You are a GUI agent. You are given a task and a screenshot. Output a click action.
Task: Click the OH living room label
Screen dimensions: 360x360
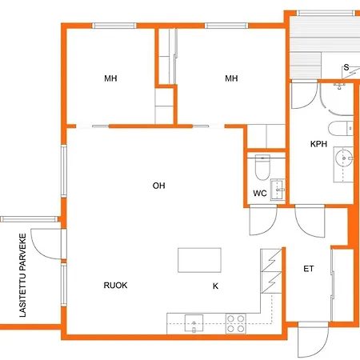coord(158,186)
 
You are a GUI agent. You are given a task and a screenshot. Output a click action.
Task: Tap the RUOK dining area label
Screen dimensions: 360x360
coord(115,286)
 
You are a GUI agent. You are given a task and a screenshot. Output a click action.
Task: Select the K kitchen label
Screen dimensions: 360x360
coord(215,286)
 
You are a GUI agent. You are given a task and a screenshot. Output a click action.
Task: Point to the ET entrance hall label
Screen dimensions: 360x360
coord(309,269)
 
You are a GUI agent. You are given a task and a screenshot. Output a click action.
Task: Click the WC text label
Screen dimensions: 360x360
coord(260,193)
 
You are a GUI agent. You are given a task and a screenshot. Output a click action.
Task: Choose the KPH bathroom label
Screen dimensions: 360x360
coord(318,144)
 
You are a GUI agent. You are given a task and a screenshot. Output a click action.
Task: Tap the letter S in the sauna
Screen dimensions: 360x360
coord(346,67)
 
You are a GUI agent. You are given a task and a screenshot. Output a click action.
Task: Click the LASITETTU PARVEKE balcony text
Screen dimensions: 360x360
coord(23,275)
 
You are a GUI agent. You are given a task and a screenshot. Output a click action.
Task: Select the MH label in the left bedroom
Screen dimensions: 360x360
coord(110,78)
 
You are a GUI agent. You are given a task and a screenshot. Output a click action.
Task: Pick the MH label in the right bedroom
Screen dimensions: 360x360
coord(231,78)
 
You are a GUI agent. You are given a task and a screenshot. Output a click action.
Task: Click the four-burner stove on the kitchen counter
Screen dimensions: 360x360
coord(236,324)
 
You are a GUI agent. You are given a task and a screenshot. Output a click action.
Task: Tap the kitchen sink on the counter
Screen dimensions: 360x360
coord(194,323)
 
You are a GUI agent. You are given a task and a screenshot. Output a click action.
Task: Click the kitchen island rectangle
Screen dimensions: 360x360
coord(199,260)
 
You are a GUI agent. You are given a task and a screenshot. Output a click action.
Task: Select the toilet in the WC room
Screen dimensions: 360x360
coord(262,167)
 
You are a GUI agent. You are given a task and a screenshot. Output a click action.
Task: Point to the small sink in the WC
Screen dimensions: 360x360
coord(278,190)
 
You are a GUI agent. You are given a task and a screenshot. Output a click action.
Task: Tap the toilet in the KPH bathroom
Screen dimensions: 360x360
coord(341,129)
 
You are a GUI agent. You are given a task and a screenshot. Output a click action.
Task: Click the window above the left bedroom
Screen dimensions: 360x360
coord(114,26)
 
